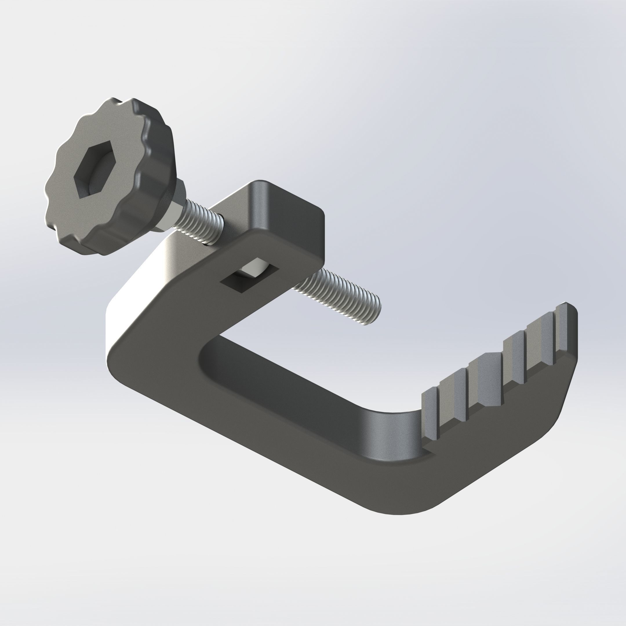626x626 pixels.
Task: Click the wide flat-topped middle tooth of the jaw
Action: point(486,379)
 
